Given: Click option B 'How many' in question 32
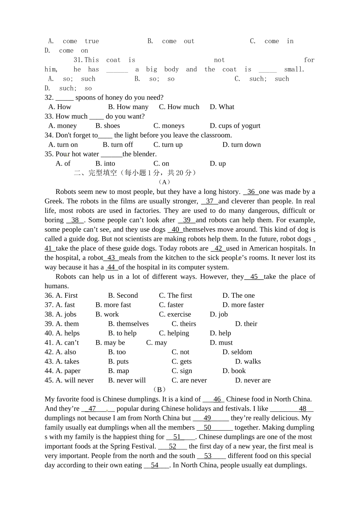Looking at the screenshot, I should click(128, 107).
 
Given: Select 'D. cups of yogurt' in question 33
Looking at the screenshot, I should click(235, 126).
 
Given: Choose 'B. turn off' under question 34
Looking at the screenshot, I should click(118, 145).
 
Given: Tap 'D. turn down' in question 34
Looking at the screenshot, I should click(241, 145).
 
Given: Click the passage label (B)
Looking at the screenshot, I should click(160, 390).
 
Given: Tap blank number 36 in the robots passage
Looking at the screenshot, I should click(251, 192).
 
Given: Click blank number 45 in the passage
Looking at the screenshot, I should click(254, 277).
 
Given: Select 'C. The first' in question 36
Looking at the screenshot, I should click(175, 296).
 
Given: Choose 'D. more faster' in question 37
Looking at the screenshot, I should click(243, 305).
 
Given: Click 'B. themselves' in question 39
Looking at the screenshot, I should click(128, 324).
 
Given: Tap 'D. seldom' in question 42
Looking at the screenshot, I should click(237, 352).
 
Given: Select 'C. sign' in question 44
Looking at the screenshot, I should click(182, 371).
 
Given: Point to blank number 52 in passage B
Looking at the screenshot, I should click(172, 447).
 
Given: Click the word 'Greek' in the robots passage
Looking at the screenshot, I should click(53, 201).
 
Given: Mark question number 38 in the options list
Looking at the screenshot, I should click(49, 315).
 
